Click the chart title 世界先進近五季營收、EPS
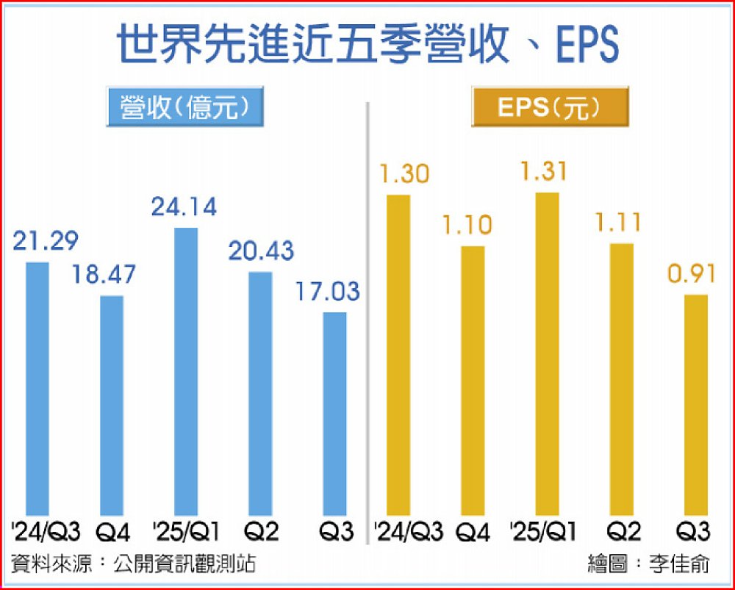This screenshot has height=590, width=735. coord(367,46)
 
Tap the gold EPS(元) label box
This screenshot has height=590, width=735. coord(549,107)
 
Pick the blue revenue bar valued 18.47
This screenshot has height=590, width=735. coord(112,405)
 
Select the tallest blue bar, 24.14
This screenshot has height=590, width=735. coord(186,371)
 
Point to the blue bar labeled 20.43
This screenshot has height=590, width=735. coord(260,393)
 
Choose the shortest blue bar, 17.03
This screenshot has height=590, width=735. coord(334,413)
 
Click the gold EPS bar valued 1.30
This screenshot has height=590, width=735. coord(398,354)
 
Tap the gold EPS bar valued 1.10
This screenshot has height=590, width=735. coord(473,380)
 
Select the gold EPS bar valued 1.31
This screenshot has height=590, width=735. coord(548,353)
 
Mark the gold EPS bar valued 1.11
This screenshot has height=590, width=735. coord(622,378)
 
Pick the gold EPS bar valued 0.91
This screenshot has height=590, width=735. coord(696,404)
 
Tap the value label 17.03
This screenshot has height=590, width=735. coord(329,292)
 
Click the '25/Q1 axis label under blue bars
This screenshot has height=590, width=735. coord(186,530)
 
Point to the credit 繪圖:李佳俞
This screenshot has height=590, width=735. coord(649,564)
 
